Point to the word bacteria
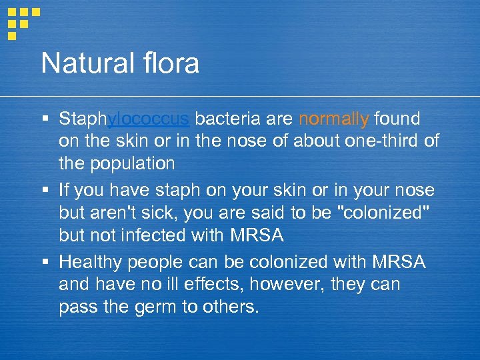228,119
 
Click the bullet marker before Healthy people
45,263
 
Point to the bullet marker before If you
45,191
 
